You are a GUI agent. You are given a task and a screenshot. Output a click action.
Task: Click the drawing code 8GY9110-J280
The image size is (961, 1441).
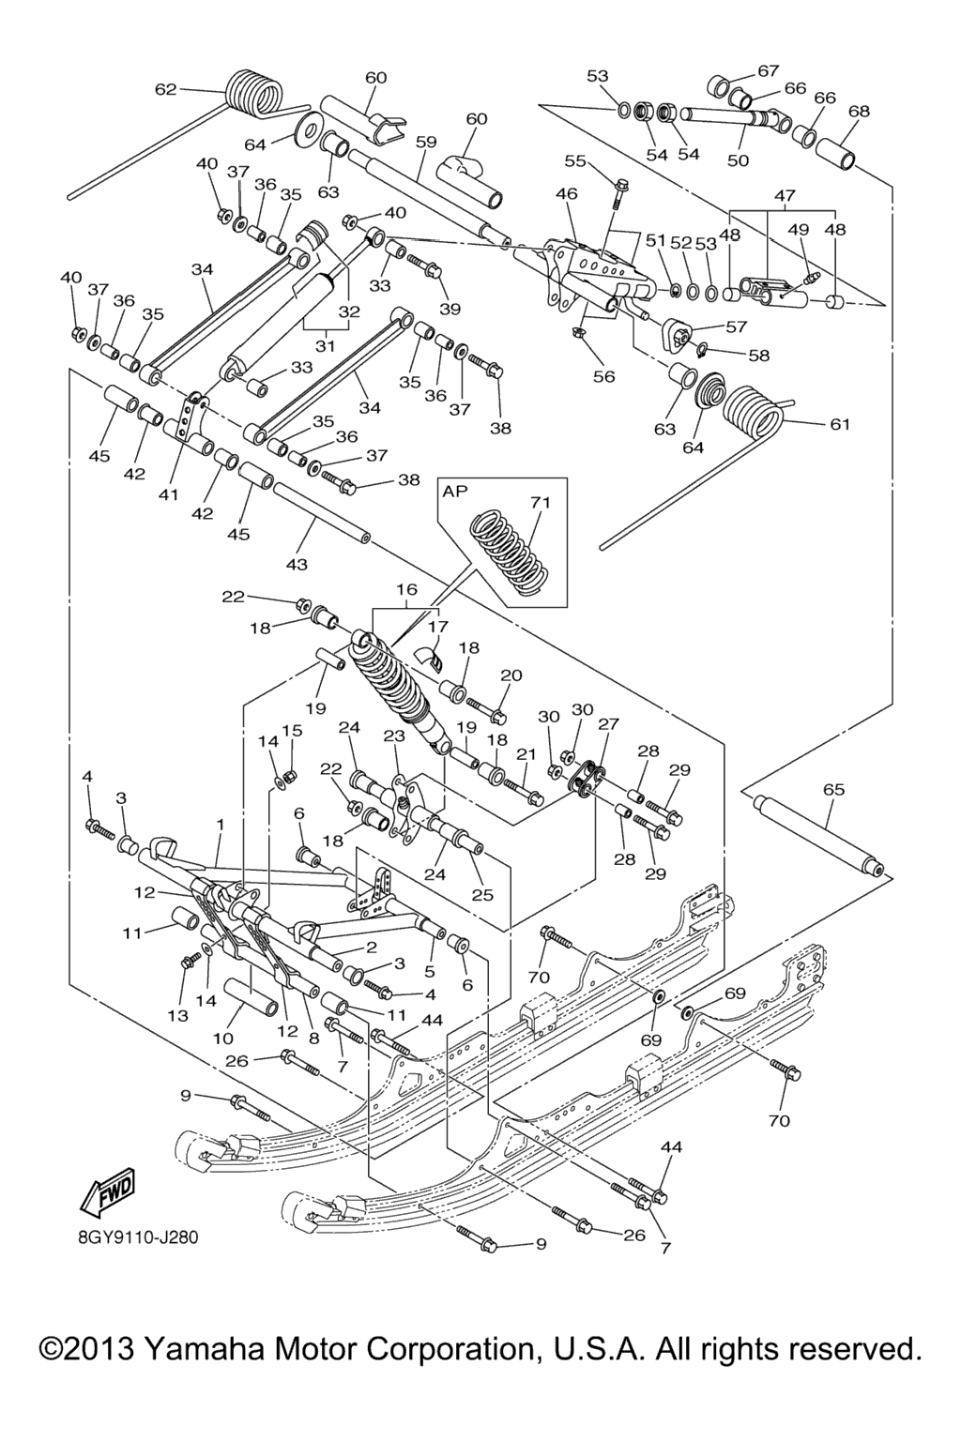tap(138, 1236)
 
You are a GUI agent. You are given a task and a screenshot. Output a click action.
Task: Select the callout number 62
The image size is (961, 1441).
tap(165, 90)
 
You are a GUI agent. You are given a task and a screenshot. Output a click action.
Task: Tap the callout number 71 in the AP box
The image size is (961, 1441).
tap(540, 503)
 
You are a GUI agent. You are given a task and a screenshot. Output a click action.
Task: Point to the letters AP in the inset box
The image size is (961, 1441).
tap(455, 492)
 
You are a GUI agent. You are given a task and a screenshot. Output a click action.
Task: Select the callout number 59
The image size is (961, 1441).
tap(426, 143)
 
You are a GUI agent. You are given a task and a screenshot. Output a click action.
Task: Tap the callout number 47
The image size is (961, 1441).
tap(785, 196)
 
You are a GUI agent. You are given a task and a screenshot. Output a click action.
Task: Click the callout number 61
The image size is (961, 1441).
tap(840, 424)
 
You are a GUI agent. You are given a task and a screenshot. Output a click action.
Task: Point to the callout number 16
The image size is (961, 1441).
tap(406, 589)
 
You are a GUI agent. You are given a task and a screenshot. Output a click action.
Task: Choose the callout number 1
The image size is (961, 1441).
tap(220, 824)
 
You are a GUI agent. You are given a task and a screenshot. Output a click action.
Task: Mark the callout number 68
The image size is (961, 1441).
tap(859, 111)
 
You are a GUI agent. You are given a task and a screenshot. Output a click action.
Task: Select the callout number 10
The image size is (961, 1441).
tap(222, 1038)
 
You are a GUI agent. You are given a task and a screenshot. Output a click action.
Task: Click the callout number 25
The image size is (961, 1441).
tap(482, 895)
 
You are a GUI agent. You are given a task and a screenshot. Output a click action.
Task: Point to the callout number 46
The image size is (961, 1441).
tap(566, 194)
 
